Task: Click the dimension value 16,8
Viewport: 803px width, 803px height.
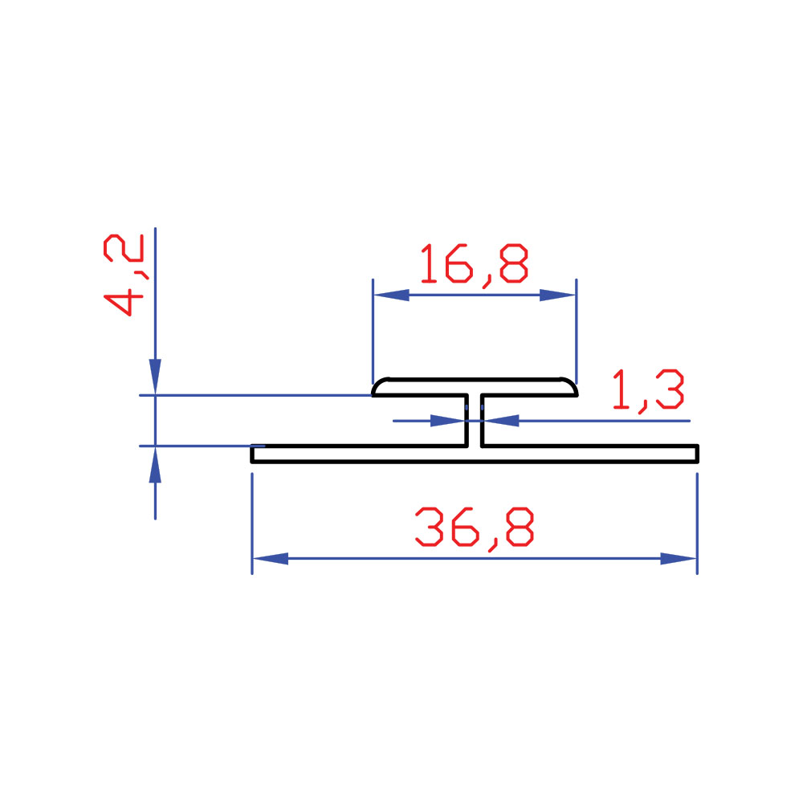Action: (x=475, y=264)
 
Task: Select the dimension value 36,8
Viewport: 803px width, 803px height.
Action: (x=475, y=528)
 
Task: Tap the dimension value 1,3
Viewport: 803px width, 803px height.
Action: (x=648, y=390)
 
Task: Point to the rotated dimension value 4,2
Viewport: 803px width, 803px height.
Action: (x=124, y=275)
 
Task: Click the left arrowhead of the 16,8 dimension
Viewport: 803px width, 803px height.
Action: (x=391, y=295)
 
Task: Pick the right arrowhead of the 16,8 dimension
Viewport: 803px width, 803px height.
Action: (x=558, y=295)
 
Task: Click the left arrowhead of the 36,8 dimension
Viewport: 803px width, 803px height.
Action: (x=271, y=558)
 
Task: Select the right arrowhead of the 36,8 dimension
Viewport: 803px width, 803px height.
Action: (x=678, y=558)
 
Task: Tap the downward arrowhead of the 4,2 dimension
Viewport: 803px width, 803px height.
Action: (x=155, y=377)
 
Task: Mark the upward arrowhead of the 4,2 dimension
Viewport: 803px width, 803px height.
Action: (x=155, y=464)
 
